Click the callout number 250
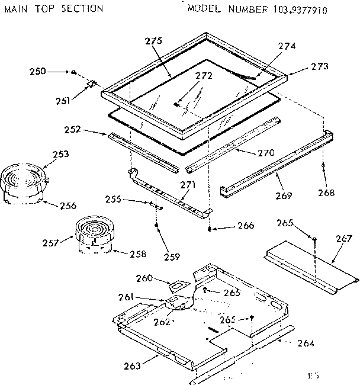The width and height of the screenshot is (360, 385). [x=37, y=72]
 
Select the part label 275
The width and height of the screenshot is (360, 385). [x=153, y=41]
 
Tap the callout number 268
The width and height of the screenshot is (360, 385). [x=326, y=192]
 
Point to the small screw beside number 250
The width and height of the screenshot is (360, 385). [x=73, y=72]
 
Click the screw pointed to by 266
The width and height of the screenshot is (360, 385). [x=210, y=228]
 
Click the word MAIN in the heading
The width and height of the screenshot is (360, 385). [x=16, y=9]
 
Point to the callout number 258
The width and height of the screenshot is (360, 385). [x=137, y=254]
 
